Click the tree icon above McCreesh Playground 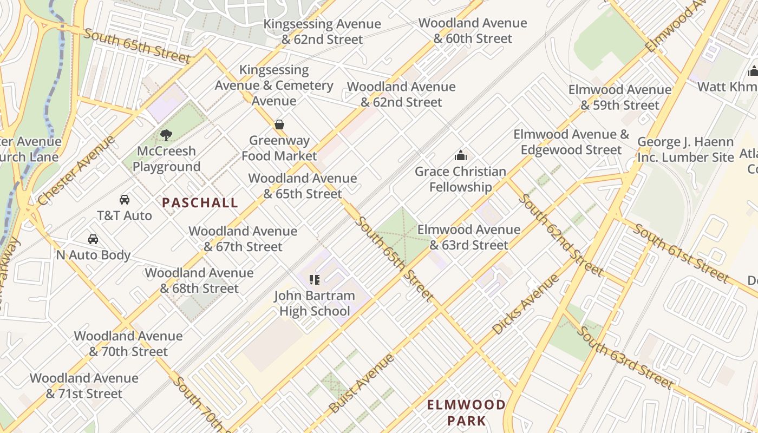[x=166, y=135]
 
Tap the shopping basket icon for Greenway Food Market [x=279, y=124]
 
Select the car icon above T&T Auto [x=125, y=200]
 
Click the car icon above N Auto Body [x=93, y=239]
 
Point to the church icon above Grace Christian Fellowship [x=461, y=156]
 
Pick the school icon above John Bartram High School [x=315, y=280]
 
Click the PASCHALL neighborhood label [x=200, y=203]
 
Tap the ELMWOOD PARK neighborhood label [x=466, y=412]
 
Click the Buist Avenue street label [x=361, y=383]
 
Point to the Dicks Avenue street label [x=525, y=304]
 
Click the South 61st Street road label [x=681, y=253]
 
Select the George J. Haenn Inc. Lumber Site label [x=685, y=150]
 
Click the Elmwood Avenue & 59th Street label [x=620, y=97]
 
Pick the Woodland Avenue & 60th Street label [x=473, y=31]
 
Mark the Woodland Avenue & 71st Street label [x=84, y=386]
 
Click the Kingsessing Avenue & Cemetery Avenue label [x=274, y=86]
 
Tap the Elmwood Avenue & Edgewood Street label [x=571, y=142]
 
